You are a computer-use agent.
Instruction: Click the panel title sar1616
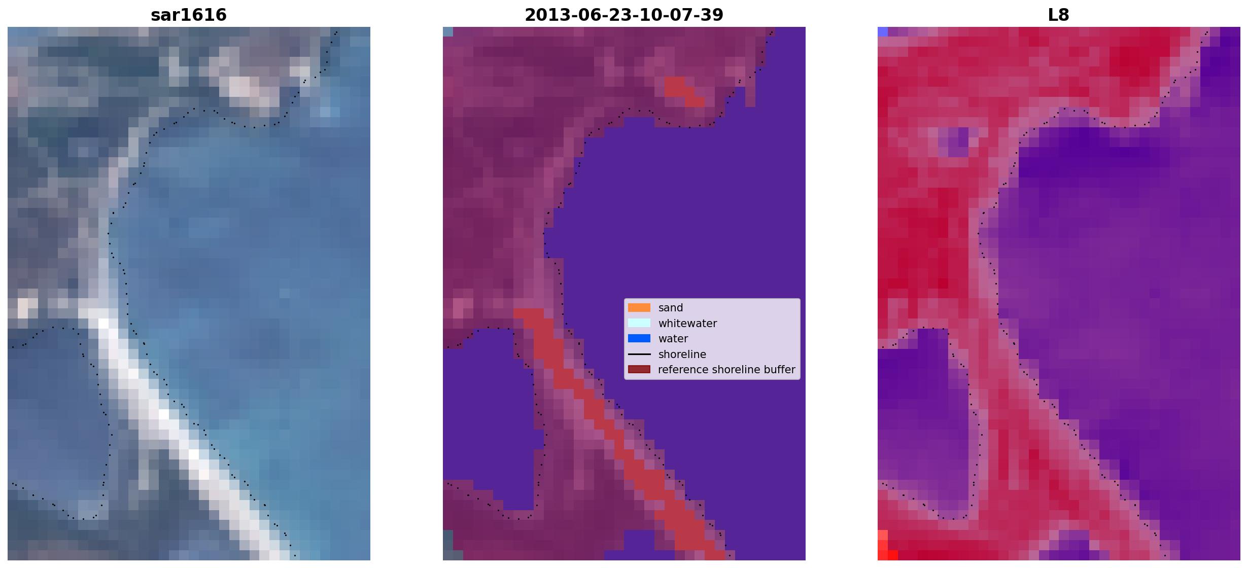pyautogui.click(x=189, y=15)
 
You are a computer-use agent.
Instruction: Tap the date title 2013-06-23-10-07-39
pyautogui.click(x=624, y=15)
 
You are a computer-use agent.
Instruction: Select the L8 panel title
pyautogui.click(x=1059, y=15)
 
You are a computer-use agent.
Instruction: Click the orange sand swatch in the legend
pyautogui.click(x=639, y=308)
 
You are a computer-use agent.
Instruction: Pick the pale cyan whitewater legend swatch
pyautogui.click(x=639, y=323)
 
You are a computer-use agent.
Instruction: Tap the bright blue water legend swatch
pyautogui.click(x=639, y=338)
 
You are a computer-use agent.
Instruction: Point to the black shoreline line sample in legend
pyautogui.click(x=639, y=354)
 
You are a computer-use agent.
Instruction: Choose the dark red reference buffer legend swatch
pyautogui.click(x=639, y=369)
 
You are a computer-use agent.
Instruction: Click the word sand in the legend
pyautogui.click(x=671, y=308)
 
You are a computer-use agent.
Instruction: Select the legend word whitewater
pyautogui.click(x=687, y=324)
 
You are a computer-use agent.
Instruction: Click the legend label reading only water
pyautogui.click(x=673, y=339)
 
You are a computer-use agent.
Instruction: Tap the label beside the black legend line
pyautogui.click(x=682, y=354)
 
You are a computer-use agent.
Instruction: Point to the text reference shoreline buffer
pyautogui.click(x=726, y=370)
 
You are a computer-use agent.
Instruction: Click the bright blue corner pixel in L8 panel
pyautogui.click(x=883, y=32)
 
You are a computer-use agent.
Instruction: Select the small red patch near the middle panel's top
pyautogui.click(x=684, y=92)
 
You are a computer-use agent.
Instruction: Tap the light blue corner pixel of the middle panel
pyautogui.click(x=448, y=32)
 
